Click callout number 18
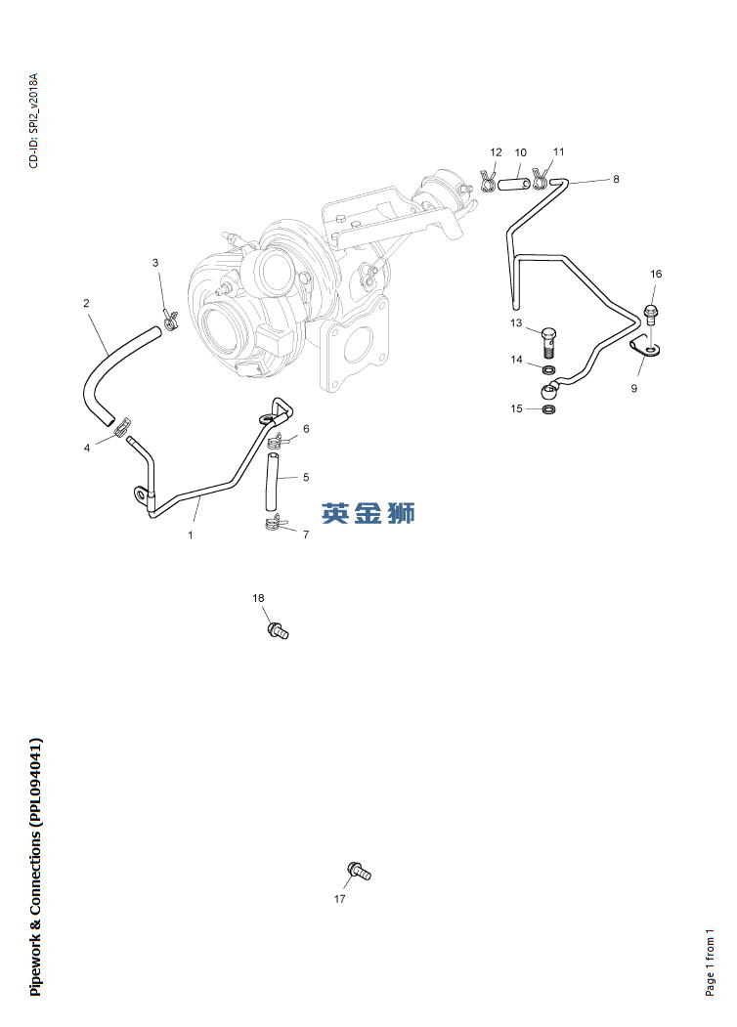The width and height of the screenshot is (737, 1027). click(x=258, y=598)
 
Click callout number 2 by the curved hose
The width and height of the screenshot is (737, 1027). click(x=86, y=304)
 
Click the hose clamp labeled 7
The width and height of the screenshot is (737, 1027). click(x=275, y=525)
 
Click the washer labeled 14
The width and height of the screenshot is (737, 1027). click(x=550, y=370)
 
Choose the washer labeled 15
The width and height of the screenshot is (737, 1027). click(x=549, y=407)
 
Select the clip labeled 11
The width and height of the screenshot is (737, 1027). click(x=538, y=178)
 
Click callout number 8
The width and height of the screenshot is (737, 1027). click(x=616, y=180)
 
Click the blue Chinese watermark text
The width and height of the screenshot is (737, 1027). click(x=368, y=512)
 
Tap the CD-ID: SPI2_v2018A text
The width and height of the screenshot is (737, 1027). click(x=33, y=119)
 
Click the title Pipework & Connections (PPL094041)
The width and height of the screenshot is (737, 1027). click(x=36, y=867)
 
